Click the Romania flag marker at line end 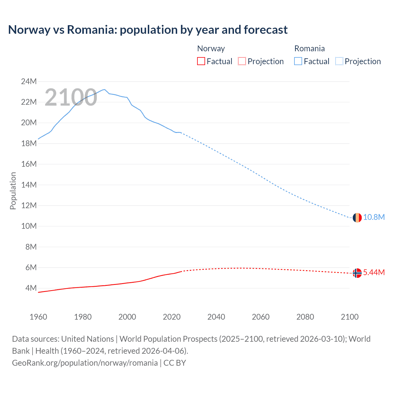coord(357,218)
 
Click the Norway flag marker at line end coord(357,273)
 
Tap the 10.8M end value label coord(374,217)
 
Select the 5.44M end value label coord(374,273)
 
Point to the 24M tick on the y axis coord(29,81)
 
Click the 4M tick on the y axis coord(31,288)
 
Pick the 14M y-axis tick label coord(29,185)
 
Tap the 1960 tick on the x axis coord(38,317)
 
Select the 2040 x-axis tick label coord(216,317)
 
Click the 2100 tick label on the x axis coord(349,317)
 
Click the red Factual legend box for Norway coord(201,61)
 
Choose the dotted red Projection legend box coord(242,61)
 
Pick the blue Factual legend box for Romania coord(298,61)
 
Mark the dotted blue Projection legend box coord(339,61)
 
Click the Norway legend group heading coord(211,49)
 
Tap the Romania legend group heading coord(309,49)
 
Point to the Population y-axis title coord(13,191)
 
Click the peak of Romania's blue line coord(105,89)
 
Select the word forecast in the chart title coord(266,30)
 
